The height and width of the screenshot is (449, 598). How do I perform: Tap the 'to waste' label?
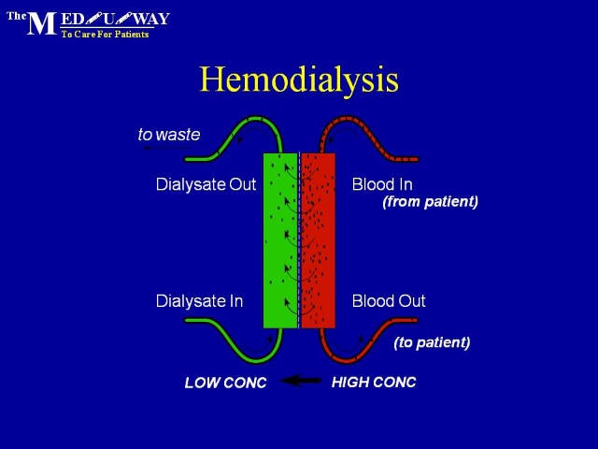click(169, 135)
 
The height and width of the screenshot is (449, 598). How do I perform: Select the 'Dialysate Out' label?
click(206, 184)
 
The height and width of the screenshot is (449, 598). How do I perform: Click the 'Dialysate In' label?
click(199, 301)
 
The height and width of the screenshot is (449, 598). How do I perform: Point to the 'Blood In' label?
click(382, 184)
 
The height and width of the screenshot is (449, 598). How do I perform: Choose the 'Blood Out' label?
click(389, 301)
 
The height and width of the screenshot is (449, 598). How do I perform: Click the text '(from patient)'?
click(430, 201)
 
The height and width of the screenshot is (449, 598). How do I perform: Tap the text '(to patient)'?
click(432, 342)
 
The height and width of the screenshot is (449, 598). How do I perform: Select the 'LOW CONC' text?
click(225, 383)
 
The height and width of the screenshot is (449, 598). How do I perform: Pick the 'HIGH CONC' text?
click(374, 383)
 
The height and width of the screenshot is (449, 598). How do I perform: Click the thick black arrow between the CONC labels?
click(301, 381)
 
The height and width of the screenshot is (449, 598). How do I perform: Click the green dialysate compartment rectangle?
click(280, 240)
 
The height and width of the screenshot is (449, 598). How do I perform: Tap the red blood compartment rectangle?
click(319, 240)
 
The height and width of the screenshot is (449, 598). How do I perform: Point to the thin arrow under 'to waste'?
click(167, 148)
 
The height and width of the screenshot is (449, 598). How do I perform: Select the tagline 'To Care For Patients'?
click(105, 35)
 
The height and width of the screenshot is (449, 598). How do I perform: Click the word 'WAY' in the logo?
click(151, 19)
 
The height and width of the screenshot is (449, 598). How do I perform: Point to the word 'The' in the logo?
click(17, 16)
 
